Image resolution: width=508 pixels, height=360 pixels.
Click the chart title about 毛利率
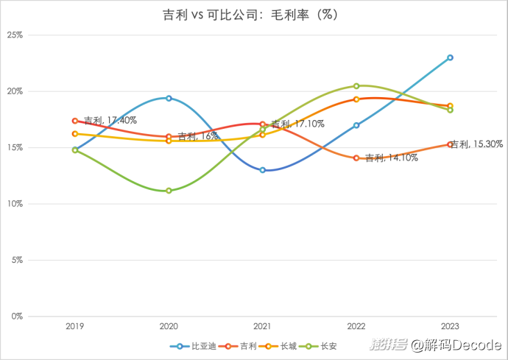253,14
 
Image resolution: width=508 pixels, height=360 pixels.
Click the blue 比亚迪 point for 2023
450,57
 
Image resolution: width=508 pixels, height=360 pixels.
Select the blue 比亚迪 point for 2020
169,98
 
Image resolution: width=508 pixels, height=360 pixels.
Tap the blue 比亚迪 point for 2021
262,170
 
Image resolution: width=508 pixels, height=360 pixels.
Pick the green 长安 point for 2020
169,191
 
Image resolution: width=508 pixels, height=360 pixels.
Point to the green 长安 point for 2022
356,86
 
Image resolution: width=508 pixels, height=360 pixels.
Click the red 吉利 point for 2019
75,121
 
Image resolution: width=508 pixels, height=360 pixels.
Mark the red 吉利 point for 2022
356,158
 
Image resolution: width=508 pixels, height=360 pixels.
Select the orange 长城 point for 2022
356,99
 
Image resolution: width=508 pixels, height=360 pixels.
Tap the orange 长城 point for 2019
75,134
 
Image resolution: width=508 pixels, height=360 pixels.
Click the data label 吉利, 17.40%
110,120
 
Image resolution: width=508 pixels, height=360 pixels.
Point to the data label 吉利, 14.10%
392,158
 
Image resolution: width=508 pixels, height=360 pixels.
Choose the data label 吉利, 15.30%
478,144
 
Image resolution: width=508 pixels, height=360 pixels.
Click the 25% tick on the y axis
15,35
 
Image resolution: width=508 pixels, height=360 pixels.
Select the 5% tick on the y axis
16,260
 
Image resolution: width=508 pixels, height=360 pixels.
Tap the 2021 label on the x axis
262,325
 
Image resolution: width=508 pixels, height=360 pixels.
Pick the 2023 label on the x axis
450,325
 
